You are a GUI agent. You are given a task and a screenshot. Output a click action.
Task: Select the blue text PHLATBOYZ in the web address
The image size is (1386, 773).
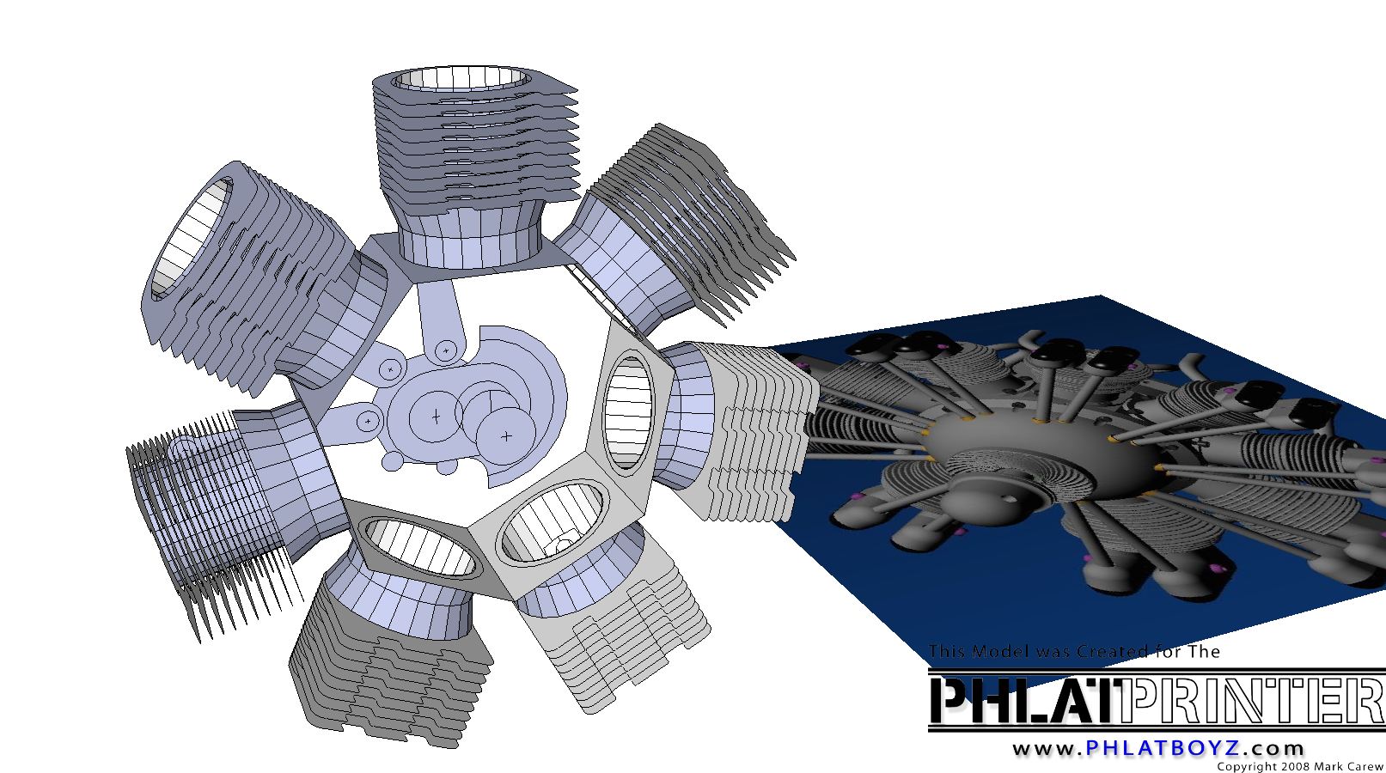pos(1163,748)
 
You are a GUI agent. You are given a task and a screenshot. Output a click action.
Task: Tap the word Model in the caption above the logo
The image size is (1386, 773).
pos(1001,651)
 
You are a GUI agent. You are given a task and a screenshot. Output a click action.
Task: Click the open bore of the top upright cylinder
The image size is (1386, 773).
pos(461,78)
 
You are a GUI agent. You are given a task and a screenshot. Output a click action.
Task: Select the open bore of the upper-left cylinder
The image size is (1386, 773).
pos(192,238)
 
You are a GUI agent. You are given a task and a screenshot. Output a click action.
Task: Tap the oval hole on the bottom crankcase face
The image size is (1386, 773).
pos(420,546)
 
